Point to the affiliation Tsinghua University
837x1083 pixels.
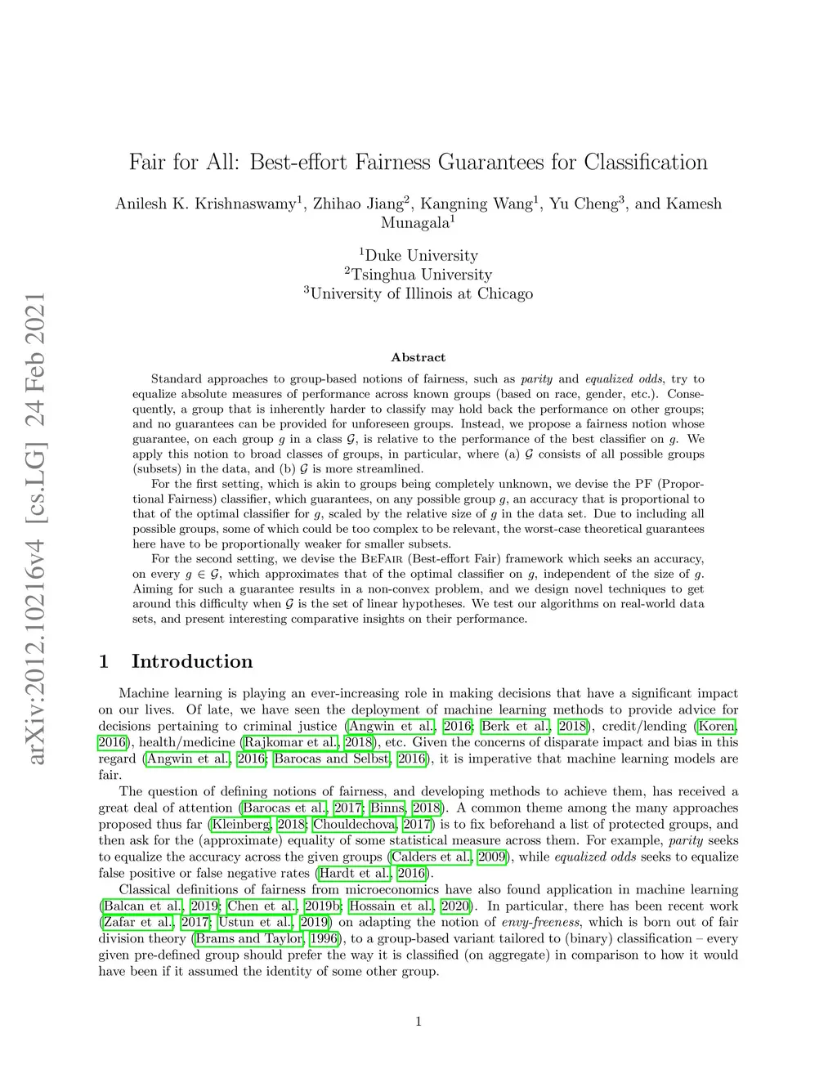[422, 275]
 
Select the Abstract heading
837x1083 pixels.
[418, 357]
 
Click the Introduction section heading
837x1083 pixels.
[192, 661]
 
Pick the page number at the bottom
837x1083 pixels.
[418, 1021]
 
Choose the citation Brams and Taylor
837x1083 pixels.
[248, 938]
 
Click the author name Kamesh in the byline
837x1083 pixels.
[695, 204]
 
